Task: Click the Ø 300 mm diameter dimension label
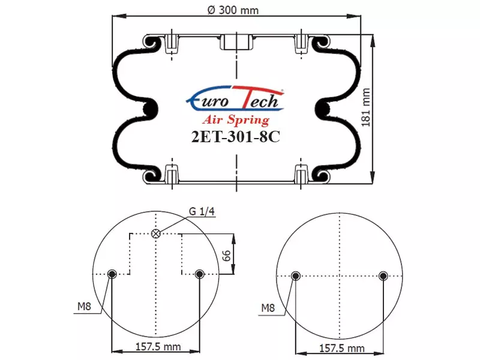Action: point(233,10)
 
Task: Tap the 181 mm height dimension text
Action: point(366,107)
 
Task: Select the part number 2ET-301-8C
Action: point(235,137)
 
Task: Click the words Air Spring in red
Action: point(236,119)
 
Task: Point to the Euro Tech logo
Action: point(235,98)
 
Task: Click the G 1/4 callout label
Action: point(202,212)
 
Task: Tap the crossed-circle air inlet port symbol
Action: point(156,234)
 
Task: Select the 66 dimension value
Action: point(226,256)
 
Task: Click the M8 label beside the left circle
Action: point(84,306)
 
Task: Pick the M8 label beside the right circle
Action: point(268,308)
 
